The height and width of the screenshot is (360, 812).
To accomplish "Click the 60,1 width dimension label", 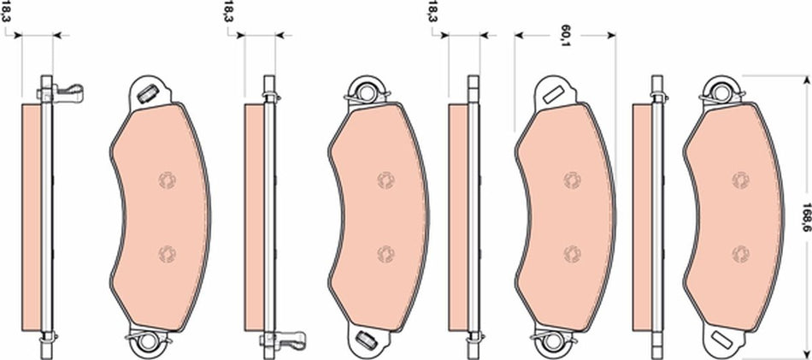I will click(565, 32).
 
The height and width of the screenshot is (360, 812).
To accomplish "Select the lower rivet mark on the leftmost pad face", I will click(165, 252).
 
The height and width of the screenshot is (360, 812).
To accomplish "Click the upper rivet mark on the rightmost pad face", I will click(738, 179).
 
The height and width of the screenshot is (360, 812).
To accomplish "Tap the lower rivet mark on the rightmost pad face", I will click(738, 252).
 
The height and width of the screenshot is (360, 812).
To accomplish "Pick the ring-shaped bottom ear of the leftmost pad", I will click(150, 343).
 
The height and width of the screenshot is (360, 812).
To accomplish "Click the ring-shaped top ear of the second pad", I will click(368, 90).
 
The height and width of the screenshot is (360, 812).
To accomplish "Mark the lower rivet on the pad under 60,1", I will click(570, 252).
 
